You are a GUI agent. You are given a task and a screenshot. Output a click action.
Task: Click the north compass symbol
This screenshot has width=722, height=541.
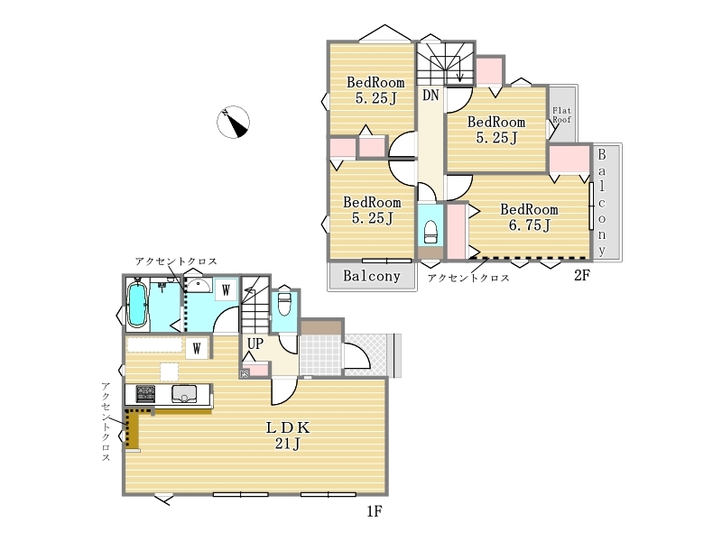pos(233,122)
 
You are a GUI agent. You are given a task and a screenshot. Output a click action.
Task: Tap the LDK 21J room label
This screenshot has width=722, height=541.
pos(288,436)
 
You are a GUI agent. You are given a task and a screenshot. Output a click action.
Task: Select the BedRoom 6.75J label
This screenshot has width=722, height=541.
pos(529,217)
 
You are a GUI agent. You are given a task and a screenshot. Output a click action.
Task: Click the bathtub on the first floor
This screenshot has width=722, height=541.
pos(137,304)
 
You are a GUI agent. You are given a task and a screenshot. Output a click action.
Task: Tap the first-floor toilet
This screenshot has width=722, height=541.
pos(284,304)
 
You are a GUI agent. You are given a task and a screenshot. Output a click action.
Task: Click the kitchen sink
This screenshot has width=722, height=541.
pos(184,394)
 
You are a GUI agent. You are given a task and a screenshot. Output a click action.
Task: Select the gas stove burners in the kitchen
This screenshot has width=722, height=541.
pos(145,394)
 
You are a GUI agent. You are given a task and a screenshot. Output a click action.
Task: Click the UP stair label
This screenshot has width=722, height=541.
pos(255,344)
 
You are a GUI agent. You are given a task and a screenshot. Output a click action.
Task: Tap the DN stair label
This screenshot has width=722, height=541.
pos(430,96)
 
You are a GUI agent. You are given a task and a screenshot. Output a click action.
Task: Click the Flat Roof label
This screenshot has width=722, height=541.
pos(561,115)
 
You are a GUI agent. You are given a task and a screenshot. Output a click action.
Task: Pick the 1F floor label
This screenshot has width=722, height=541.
pos(375,510)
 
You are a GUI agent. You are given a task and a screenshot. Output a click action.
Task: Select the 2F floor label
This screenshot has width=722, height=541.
pos(581,275)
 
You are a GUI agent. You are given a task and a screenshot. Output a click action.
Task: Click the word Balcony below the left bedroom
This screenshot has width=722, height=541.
pos(372,276)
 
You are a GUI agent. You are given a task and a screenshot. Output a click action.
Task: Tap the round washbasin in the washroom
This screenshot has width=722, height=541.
pos(198,285)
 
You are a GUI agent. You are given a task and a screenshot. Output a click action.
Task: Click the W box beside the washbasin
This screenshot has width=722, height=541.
pos(226,290)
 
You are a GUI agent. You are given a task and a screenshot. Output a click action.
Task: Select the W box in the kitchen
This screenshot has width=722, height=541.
pos(197,348)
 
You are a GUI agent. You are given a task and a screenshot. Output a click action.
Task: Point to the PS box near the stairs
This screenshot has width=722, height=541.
pos(244,374)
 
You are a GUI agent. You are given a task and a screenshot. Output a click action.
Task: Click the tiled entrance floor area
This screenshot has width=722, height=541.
pos(321,355)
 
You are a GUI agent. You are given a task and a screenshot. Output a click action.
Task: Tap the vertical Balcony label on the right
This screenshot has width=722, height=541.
pos(602,202)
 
